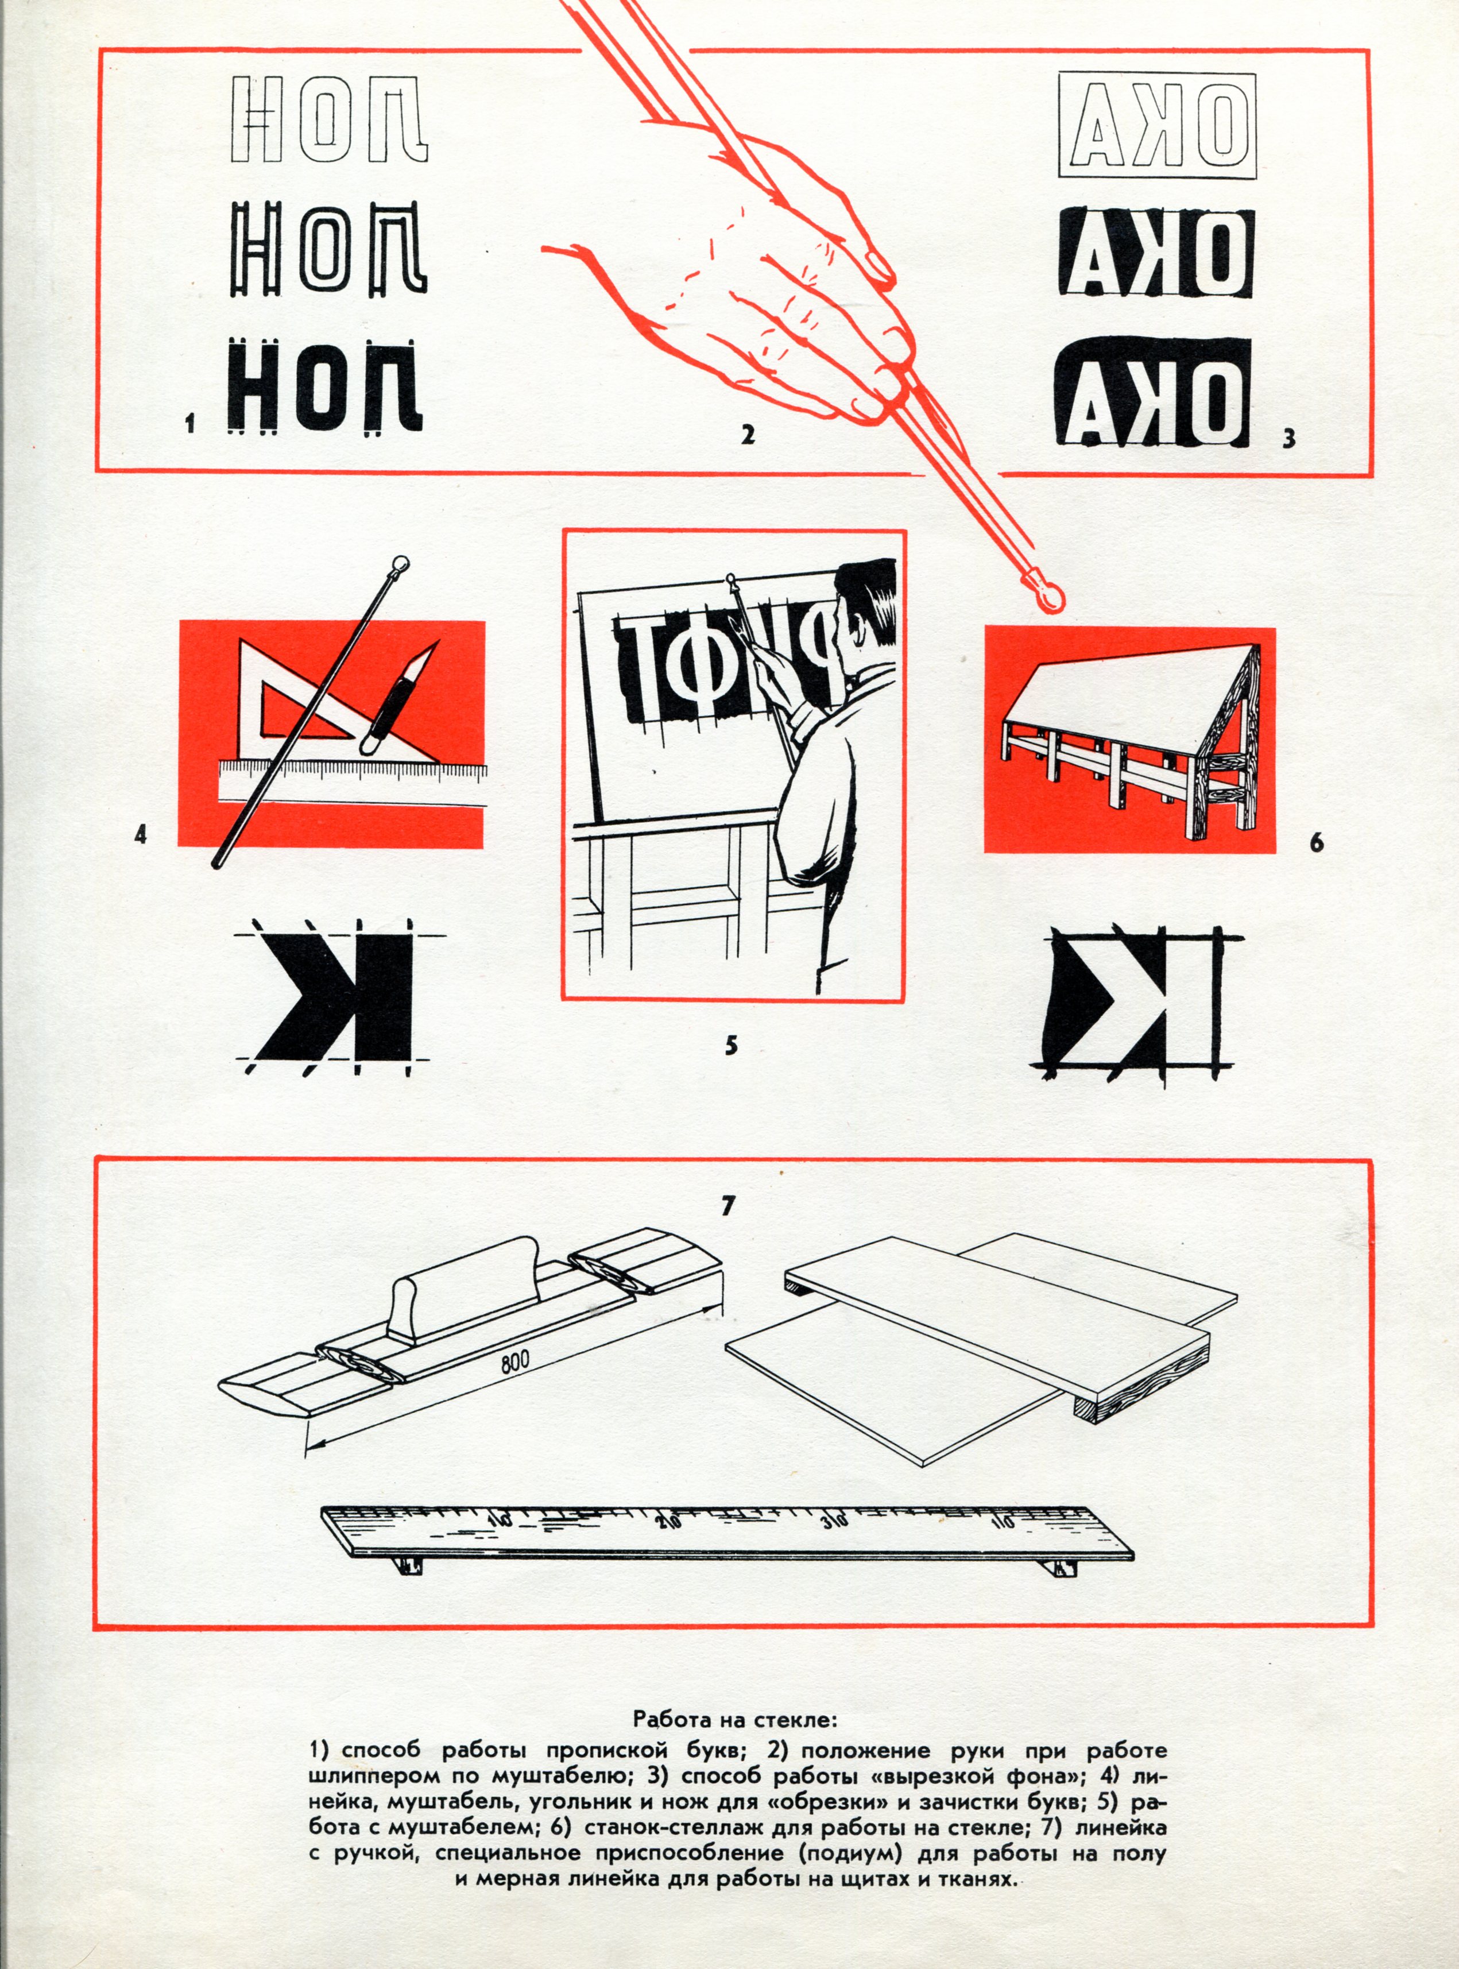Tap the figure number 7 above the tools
727,1206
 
